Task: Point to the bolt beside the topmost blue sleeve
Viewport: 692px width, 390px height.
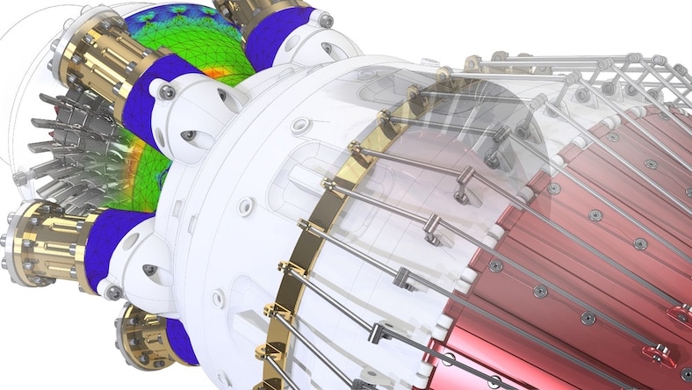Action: point(326,19)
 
